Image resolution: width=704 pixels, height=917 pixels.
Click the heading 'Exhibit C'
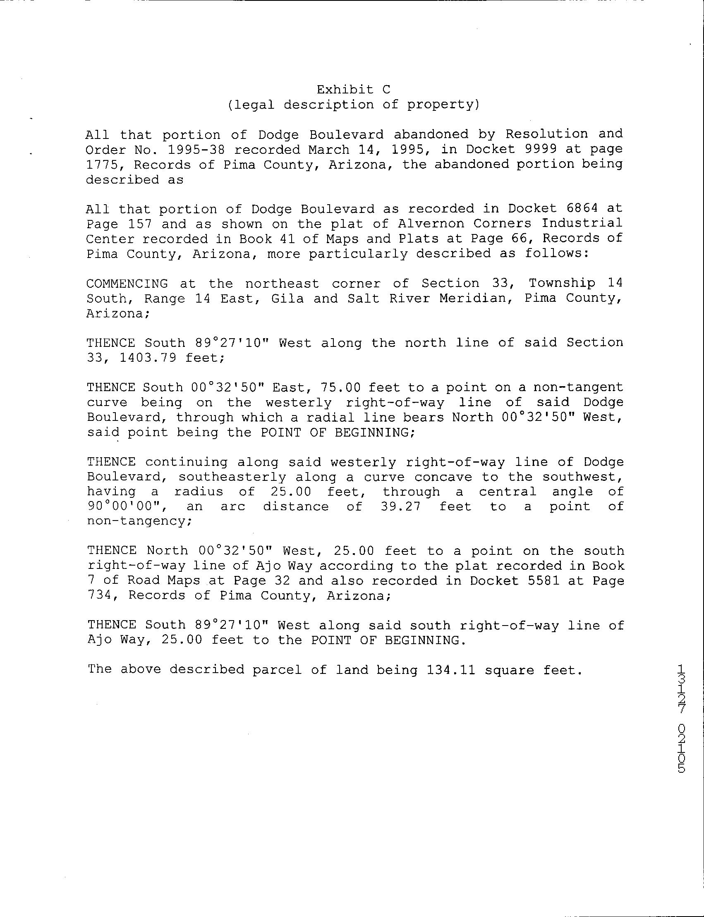tap(353, 89)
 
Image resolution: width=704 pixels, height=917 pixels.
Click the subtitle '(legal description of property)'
tap(353, 104)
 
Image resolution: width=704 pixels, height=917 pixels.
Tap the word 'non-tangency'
tap(138, 521)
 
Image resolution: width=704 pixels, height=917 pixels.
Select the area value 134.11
tap(451, 670)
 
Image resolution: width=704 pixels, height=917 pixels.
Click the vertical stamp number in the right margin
tap(681, 724)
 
